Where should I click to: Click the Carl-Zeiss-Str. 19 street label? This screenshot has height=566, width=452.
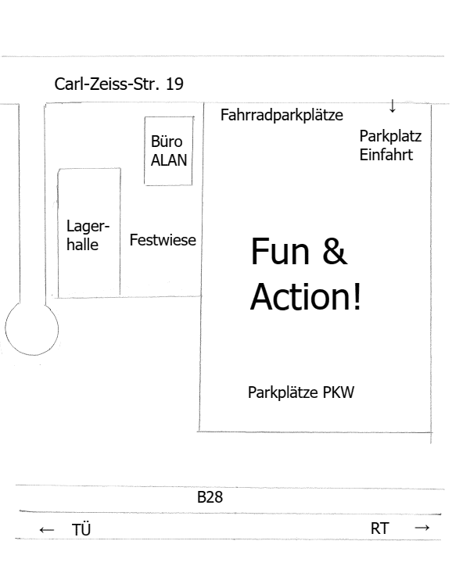[119, 84]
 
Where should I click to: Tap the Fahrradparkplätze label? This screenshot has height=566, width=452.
[282, 116]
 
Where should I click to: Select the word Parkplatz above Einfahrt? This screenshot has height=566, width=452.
[390, 137]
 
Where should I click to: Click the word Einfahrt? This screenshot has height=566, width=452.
[386, 155]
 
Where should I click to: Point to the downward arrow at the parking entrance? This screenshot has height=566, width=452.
[393, 106]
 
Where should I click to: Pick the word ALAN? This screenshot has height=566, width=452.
[169, 160]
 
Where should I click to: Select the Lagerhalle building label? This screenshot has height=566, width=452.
[88, 235]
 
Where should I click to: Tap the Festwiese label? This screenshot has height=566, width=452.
[163, 240]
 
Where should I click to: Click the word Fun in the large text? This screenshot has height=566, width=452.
[280, 251]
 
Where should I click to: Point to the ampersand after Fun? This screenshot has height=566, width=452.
[335, 251]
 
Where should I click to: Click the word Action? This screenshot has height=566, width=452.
[306, 297]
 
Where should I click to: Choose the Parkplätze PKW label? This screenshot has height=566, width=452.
[301, 392]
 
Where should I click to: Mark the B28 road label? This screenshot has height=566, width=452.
[210, 497]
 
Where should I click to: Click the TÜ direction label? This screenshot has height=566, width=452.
[81, 529]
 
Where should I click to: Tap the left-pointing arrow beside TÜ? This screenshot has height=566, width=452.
[47, 530]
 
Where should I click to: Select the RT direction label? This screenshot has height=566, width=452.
[380, 528]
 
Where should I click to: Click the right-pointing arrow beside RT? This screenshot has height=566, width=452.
[422, 528]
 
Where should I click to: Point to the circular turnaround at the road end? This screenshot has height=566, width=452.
[58, 329]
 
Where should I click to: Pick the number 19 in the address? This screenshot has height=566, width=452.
[174, 84]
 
